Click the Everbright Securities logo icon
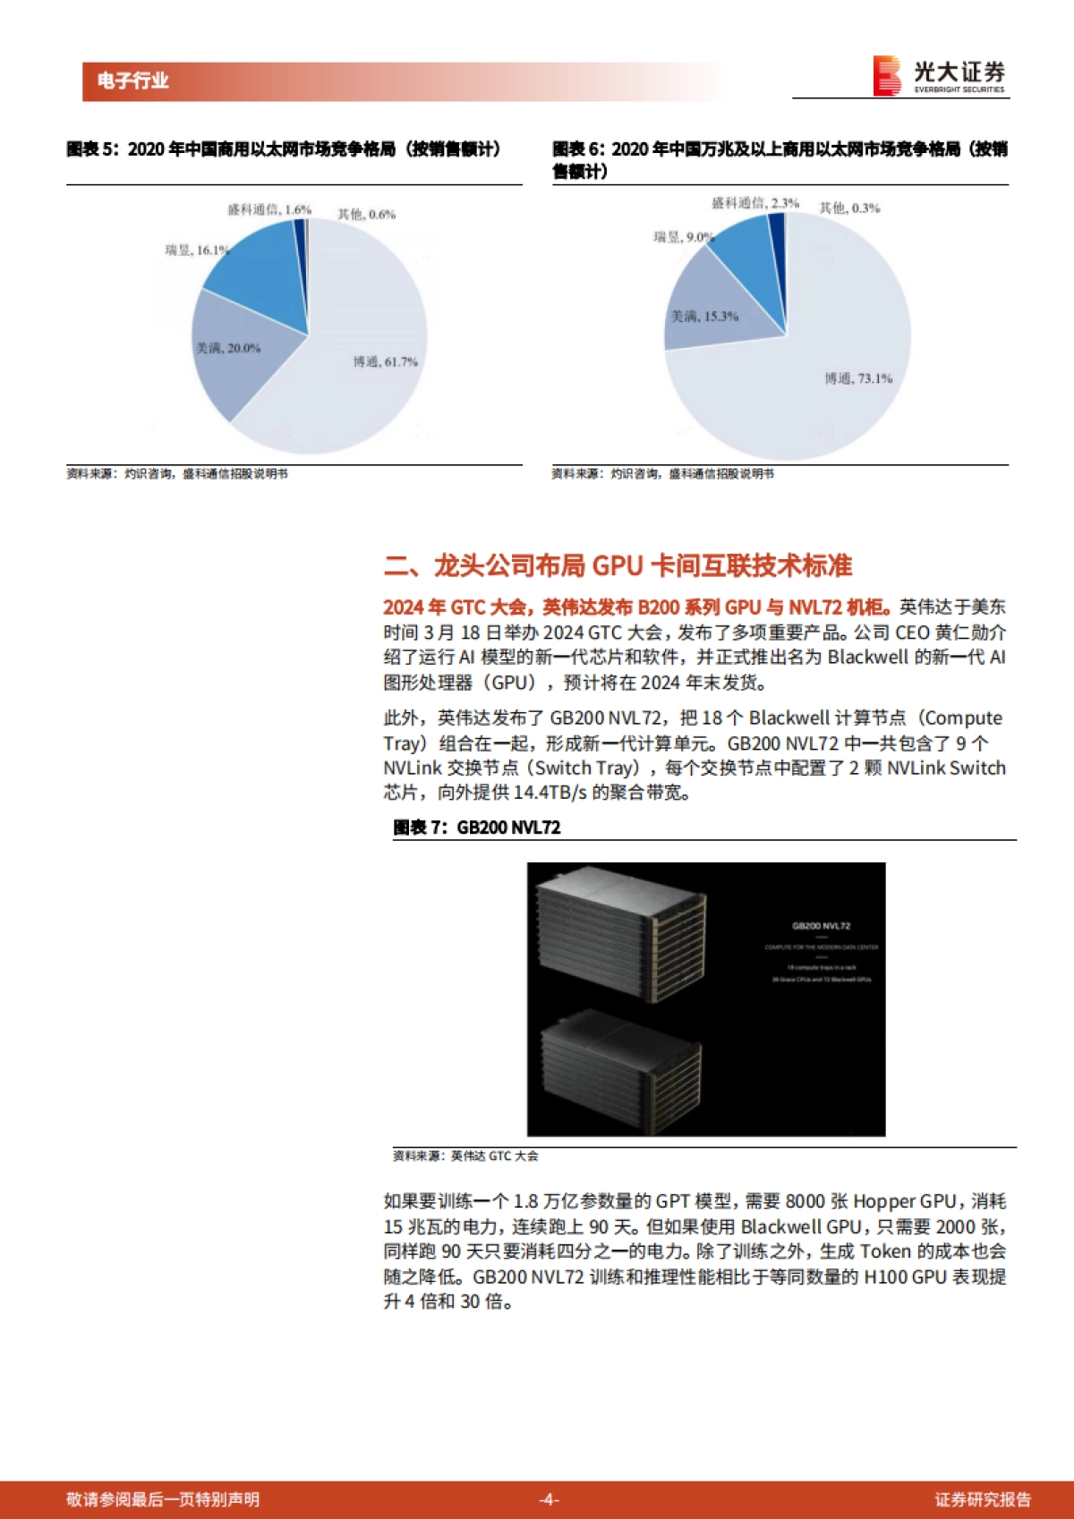887,76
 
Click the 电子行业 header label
133,81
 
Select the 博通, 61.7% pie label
385,361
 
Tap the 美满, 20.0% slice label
228,348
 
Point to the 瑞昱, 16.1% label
197,250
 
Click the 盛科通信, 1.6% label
269,209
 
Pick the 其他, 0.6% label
366,214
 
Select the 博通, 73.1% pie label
858,378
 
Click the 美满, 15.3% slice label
705,316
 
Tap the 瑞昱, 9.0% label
684,237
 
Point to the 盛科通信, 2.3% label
755,203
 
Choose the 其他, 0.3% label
849,208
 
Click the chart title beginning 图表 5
283,149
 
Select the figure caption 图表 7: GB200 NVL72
477,827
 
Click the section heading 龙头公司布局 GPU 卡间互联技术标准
618,565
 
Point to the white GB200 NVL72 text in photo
821,926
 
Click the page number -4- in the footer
549,1499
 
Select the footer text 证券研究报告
983,1499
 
